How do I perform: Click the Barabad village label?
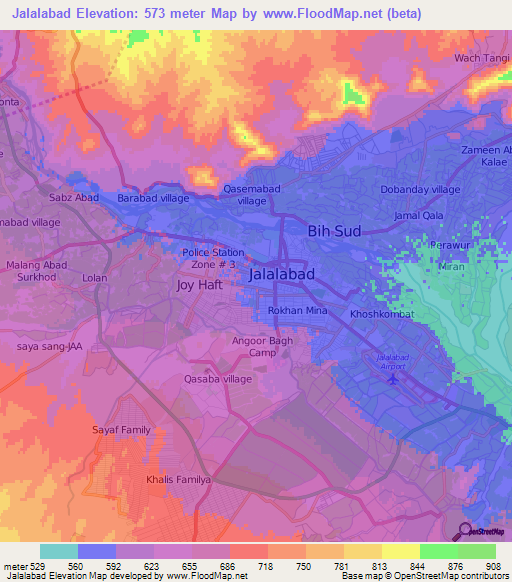pyautogui.click(x=153, y=198)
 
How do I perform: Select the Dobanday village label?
pyautogui.click(x=420, y=189)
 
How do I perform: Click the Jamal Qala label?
pyautogui.click(x=418, y=215)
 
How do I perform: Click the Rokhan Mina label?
pyautogui.click(x=298, y=311)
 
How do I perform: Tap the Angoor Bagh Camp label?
pyautogui.click(x=262, y=346)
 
